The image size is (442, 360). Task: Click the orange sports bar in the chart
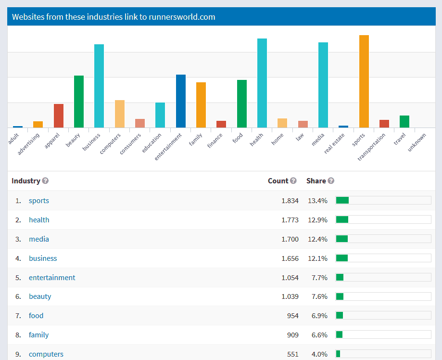point(364,81)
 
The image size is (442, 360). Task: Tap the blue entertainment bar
point(180,101)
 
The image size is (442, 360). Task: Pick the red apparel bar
point(58,116)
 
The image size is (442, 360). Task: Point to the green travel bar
point(404,121)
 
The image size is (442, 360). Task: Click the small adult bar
point(18,127)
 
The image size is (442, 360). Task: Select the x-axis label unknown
point(417,143)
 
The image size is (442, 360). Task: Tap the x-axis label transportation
point(372,147)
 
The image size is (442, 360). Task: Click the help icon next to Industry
point(45,181)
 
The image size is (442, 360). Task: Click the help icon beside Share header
point(331,181)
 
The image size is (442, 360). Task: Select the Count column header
point(278,181)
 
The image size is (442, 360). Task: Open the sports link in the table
point(39,201)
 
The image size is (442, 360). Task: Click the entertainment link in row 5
point(52,278)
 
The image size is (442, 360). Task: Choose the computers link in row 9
point(46,354)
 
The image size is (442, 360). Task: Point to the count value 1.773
point(290,220)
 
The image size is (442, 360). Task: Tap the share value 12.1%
point(317,258)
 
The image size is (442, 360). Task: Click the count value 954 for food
point(292,316)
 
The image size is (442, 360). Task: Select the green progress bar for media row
point(342,239)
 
